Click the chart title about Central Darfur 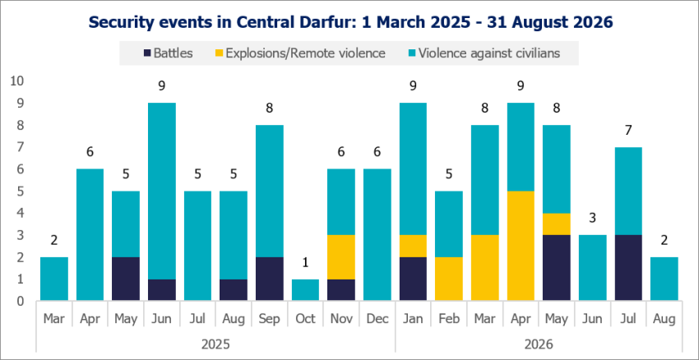(x=351, y=21)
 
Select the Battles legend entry (x=168, y=53)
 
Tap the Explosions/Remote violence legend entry (x=300, y=53)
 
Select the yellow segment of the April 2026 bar (x=521, y=246)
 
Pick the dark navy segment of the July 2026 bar (x=628, y=267)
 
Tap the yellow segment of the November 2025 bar (x=341, y=256)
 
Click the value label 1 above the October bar (x=305, y=262)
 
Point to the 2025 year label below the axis (x=215, y=344)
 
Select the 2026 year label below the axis (x=539, y=344)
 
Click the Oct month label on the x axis (x=305, y=319)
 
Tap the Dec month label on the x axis (x=377, y=319)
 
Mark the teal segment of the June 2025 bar (x=162, y=191)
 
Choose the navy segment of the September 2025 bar (x=269, y=279)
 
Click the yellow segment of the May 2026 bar (x=557, y=224)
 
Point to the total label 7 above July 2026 (x=628, y=130)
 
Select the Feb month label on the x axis (x=449, y=319)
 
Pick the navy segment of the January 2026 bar (x=413, y=279)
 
